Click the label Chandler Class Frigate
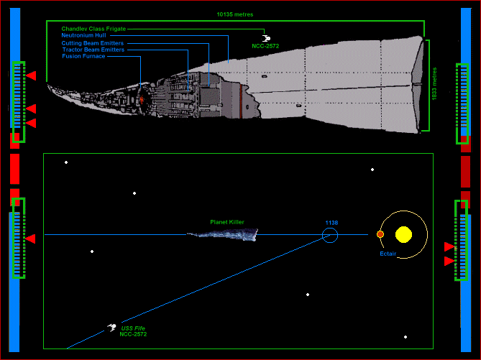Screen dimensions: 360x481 [93, 29]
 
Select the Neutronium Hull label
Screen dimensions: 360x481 [83, 35]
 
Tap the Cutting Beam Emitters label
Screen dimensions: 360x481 [92, 43]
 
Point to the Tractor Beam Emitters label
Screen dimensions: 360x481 [92, 50]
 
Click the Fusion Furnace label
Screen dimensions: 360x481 [83, 56]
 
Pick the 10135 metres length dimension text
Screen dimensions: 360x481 [234, 14]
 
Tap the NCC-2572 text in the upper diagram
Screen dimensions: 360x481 [265, 46]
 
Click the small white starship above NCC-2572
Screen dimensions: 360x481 [265, 37]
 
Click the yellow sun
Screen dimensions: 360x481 [403, 234]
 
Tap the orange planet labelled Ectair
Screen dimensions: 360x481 [380, 234]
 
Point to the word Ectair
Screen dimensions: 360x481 [388, 254]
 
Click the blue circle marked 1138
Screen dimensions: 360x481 [330, 235]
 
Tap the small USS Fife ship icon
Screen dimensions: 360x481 [112, 328]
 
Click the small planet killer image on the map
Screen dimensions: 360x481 [222, 234]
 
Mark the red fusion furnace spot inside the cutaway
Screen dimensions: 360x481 [142, 99]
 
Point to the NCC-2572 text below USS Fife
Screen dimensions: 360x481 [133, 334]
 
